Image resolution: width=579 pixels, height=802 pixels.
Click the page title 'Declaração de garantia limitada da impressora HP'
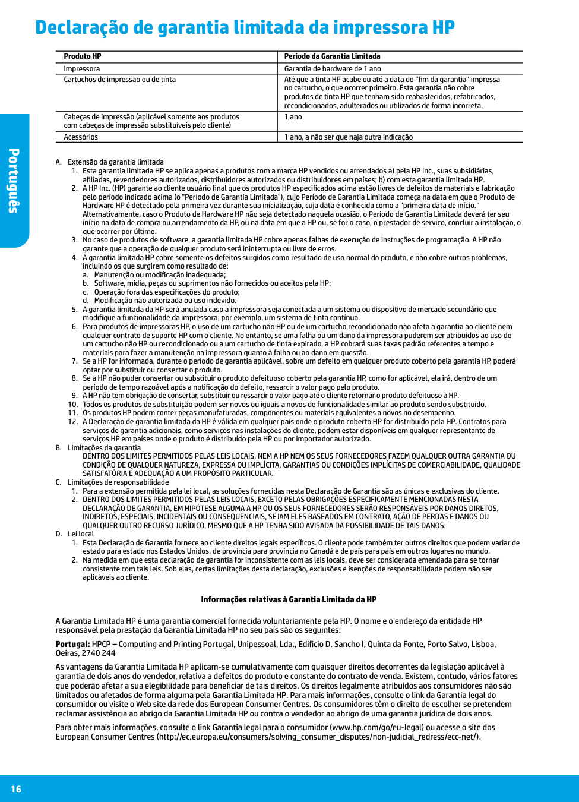click(x=245, y=28)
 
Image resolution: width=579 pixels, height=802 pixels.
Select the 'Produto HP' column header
click(x=83, y=56)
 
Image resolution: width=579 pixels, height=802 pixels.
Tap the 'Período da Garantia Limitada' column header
click(x=332, y=56)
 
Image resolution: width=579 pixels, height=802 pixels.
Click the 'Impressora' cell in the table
click(x=82, y=69)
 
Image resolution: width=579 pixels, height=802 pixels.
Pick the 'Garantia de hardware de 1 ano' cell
click(x=333, y=69)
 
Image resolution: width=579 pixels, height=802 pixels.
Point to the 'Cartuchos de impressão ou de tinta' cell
click(x=119, y=80)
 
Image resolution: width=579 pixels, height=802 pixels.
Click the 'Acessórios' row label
click(x=81, y=137)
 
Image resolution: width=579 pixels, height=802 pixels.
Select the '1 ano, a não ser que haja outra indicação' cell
click(x=348, y=137)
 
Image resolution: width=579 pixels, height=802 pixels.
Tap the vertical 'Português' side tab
click(x=14, y=181)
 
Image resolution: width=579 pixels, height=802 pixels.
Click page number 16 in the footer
click(x=16, y=789)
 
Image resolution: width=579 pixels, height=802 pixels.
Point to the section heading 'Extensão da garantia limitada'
click(x=115, y=162)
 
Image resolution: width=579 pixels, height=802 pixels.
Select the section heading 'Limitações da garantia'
click(x=104, y=448)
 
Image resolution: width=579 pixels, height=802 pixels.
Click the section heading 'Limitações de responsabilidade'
click(x=118, y=482)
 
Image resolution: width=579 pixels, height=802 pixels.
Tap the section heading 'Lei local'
click(x=81, y=534)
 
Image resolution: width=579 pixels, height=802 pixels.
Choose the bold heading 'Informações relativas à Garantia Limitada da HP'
click(x=289, y=600)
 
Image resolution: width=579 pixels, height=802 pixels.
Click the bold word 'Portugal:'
click(x=72, y=644)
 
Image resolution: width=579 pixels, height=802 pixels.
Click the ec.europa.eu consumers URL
click(x=318, y=737)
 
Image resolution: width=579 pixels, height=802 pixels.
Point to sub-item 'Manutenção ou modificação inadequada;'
click(x=160, y=275)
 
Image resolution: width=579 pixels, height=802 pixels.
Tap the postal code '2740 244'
click(x=100, y=653)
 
